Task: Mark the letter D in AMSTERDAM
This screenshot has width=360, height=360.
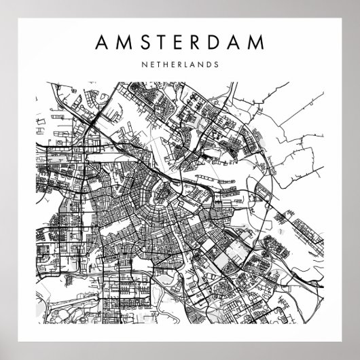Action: tap(217, 42)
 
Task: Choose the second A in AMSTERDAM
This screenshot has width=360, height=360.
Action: tap(238, 42)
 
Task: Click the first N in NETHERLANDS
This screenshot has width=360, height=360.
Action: tap(146, 67)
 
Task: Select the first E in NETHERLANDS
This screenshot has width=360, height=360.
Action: tap(154, 67)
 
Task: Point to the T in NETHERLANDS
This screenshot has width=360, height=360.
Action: tap(160, 67)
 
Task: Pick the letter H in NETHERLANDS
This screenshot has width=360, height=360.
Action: tap(167, 67)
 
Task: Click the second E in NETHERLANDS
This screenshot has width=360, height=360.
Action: tap(175, 67)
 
